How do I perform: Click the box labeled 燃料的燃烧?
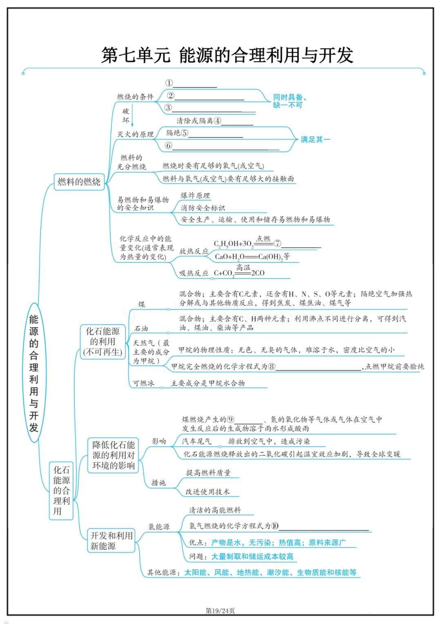pyautogui.click(x=79, y=182)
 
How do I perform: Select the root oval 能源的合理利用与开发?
pyautogui.click(x=33, y=373)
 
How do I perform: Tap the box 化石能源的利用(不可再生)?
pyautogui.click(x=102, y=342)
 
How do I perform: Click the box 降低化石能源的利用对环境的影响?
pyautogui.click(x=113, y=455)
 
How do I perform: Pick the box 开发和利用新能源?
pyautogui.click(x=111, y=541)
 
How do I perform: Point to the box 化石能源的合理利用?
pyautogui.click(x=61, y=490)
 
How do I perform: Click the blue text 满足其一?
pyautogui.click(x=315, y=140)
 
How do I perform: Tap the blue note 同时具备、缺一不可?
pyautogui.click(x=290, y=101)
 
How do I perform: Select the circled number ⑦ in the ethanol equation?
pyautogui.click(x=278, y=244)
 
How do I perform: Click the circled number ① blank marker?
pyautogui.click(x=169, y=83)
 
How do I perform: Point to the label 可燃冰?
pyautogui.click(x=143, y=383)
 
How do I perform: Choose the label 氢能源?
pyautogui.click(x=159, y=527)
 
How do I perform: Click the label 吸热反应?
pyautogui.click(x=194, y=273)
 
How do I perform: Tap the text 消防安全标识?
pyautogui.click(x=203, y=208)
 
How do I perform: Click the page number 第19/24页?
pyautogui.click(x=220, y=611)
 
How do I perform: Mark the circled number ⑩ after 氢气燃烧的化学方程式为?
pyautogui.click(x=275, y=526)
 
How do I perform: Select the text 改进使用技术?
pyautogui.click(x=207, y=492)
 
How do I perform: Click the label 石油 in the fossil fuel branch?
pyautogui.click(x=141, y=329)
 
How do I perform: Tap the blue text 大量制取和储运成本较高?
pyautogui.click(x=252, y=557)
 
